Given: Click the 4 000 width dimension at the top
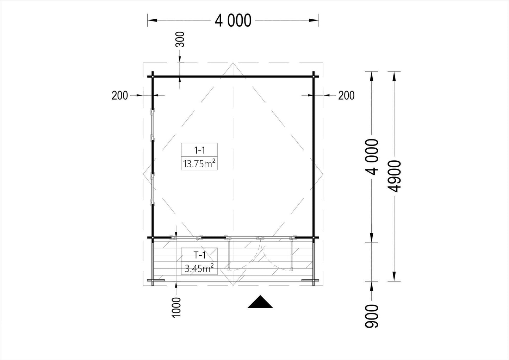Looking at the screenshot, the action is (x=233, y=20).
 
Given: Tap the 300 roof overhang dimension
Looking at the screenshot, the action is (x=180, y=39).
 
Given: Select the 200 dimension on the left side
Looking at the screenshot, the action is (x=120, y=95).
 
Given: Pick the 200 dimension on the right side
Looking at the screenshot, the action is (x=346, y=95).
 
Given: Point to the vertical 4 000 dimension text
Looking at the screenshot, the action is (x=372, y=157).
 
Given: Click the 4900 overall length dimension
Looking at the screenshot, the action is (x=394, y=176).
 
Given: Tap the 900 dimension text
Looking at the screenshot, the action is (x=372, y=316).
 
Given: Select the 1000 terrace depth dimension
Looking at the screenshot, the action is (x=176, y=307).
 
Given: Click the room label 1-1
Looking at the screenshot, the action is (x=199, y=150).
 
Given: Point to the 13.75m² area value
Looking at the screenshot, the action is (x=199, y=163).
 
